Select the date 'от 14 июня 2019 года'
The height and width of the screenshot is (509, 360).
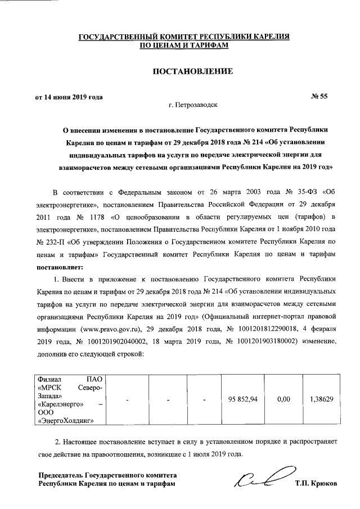69,97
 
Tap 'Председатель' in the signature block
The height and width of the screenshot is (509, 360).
62,475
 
